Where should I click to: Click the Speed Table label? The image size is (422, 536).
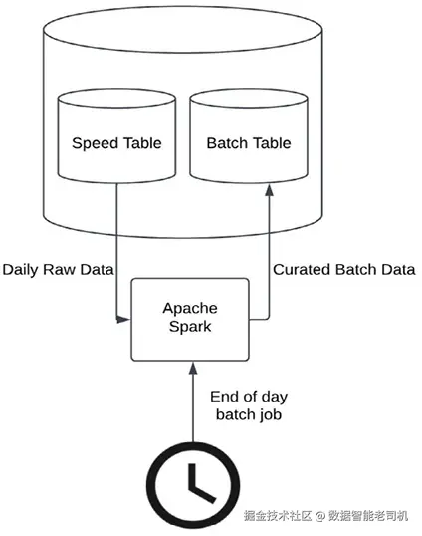[x=116, y=143]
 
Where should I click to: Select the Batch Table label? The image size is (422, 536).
[x=249, y=143]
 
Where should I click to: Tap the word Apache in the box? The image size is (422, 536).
[x=190, y=309]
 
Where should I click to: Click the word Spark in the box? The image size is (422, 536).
[x=190, y=327]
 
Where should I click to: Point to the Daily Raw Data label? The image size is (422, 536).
[x=58, y=270]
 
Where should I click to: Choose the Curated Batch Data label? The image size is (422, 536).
[x=343, y=269]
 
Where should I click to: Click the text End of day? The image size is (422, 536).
[x=249, y=397]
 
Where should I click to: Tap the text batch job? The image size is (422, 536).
[x=249, y=414]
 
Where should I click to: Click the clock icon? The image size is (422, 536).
[x=193, y=486]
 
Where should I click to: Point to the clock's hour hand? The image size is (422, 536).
[x=192, y=477]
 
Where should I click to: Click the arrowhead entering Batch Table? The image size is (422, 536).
[x=270, y=190]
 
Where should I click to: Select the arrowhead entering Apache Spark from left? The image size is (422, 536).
[x=122, y=320]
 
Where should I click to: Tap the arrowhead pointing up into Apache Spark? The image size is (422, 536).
[x=193, y=368]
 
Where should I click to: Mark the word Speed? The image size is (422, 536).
[x=95, y=143]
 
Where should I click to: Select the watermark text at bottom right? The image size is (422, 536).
[x=325, y=516]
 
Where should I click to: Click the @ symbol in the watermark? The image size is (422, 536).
[x=319, y=516]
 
